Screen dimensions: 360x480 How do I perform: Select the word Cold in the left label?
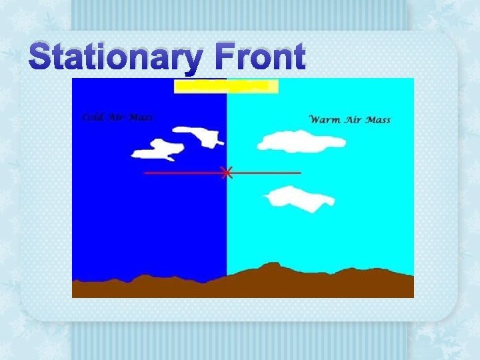(91, 117)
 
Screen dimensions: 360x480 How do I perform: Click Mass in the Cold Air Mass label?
(141, 117)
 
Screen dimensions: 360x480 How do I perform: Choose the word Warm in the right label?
(325, 120)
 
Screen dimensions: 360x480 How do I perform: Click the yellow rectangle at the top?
(226, 86)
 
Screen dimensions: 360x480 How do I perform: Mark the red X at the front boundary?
(227, 173)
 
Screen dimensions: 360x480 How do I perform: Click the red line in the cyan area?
(267, 173)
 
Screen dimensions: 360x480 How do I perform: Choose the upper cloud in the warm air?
(300, 141)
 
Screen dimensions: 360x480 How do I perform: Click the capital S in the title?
(42, 58)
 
